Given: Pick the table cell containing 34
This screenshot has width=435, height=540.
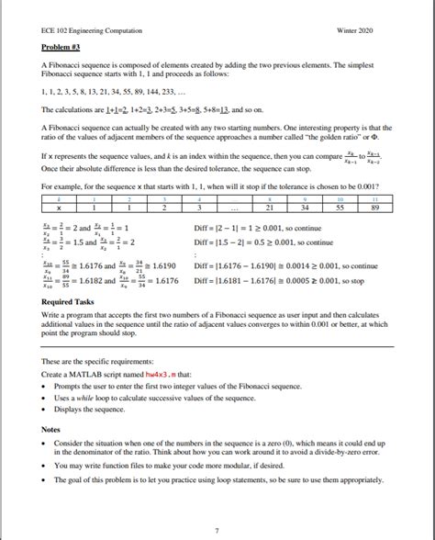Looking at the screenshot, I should pos(301,208).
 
